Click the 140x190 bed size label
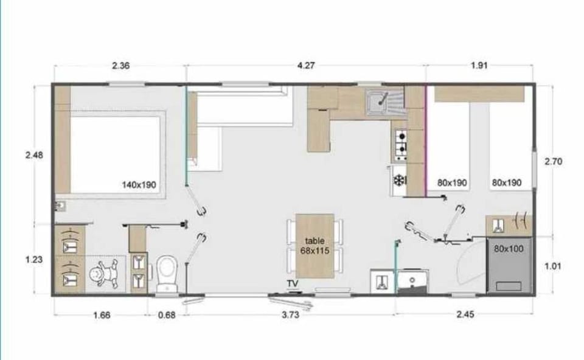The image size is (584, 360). (139, 185)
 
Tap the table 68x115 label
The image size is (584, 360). (315, 246)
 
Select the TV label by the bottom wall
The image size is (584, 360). (293, 283)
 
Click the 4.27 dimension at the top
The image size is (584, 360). (306, 66)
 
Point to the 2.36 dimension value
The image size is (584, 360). (120, 66)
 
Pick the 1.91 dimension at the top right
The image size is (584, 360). (479, 66)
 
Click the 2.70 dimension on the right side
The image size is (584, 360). (553, 162)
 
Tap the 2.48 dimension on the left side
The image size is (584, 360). (34, 155)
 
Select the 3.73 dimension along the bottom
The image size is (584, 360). (291, 315)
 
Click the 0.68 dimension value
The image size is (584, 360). (167, 316)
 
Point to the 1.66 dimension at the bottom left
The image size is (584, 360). (102, 316)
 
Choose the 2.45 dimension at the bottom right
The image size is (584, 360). (465, 314)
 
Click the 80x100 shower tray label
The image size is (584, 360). (509, 249)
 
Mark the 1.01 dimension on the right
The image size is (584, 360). (553, 266)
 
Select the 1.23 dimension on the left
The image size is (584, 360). (34, 260)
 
